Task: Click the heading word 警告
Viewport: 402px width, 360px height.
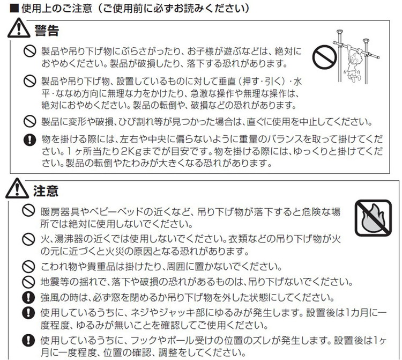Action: (x=47, y=31)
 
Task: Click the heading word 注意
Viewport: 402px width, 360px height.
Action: (x=46, y=191)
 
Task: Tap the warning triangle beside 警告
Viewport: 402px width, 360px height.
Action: (x=19, y=28)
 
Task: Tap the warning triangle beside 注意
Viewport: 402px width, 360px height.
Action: (x=17, y=188)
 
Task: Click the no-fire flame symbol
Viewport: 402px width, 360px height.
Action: (x=373, y=218)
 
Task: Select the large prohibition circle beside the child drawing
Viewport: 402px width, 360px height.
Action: (x=325, y=57)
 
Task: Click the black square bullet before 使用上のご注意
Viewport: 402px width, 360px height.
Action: (x=14, y=9)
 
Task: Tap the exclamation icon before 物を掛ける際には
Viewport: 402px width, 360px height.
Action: (x=29, y=140)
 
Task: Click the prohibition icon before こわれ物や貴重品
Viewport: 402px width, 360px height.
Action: (x=28, y=267)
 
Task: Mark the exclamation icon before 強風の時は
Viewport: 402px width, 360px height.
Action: (x=28, y=298)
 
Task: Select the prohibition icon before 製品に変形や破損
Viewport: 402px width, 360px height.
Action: (x=29, y=121)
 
